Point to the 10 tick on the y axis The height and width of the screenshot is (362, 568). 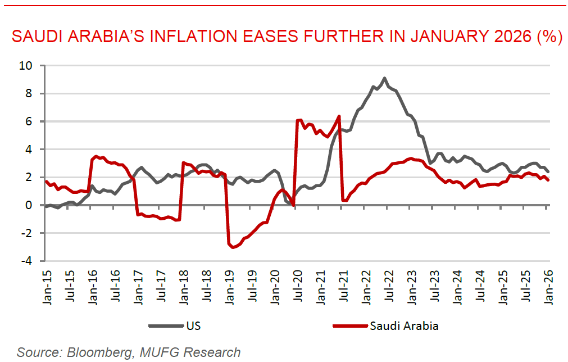pyautogui.click(x=26, y=65)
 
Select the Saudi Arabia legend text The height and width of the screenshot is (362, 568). pyautogui.click(x=404, y=326)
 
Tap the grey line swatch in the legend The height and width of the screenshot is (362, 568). pyautogui.click(x=167, y=326)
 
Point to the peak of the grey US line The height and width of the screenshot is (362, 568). pyautogui.click(x=384, y=78)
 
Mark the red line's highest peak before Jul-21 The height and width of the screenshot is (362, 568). pyautogui.click(x=339, y=116)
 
